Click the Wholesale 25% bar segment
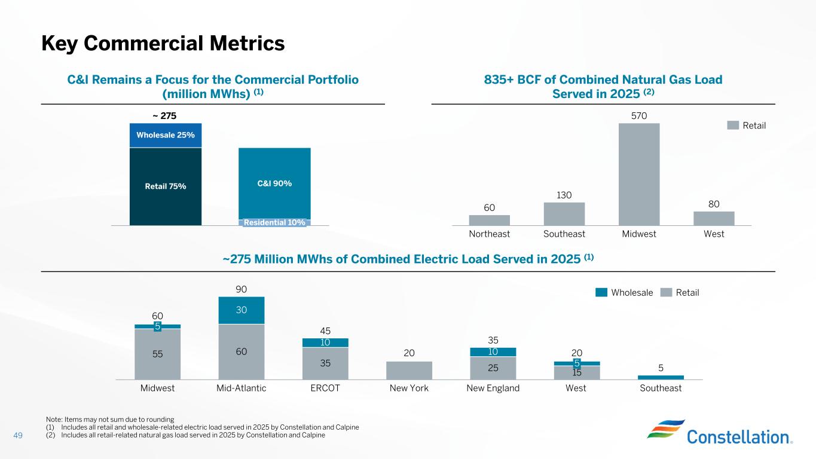click(x=166, y=135)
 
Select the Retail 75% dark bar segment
click(x=166, y=186)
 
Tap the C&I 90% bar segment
click(x=274, y=183)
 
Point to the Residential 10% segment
click(x=274, y=223)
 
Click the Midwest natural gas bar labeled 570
click(x=639, y=174)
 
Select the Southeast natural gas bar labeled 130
click(x=564, y=214)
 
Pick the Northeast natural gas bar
click(x=490, y=220)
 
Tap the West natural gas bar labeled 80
click(x=714, y=218)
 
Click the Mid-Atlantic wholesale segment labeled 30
click(x=241, y=310)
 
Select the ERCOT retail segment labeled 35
click(x=326, y=363)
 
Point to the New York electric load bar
click(x=409, y=371)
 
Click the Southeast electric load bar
click(x=661, y=377)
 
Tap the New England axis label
click(x=493, y=388)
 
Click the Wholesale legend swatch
click(x=601, y=292)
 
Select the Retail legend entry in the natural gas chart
click(x=747, y=126)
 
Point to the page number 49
click(x=18, y=435)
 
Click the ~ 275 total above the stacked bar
click(x=166, y=115)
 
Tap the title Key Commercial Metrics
click(x=163, y=43)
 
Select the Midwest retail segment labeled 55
click(x=157, y=354)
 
